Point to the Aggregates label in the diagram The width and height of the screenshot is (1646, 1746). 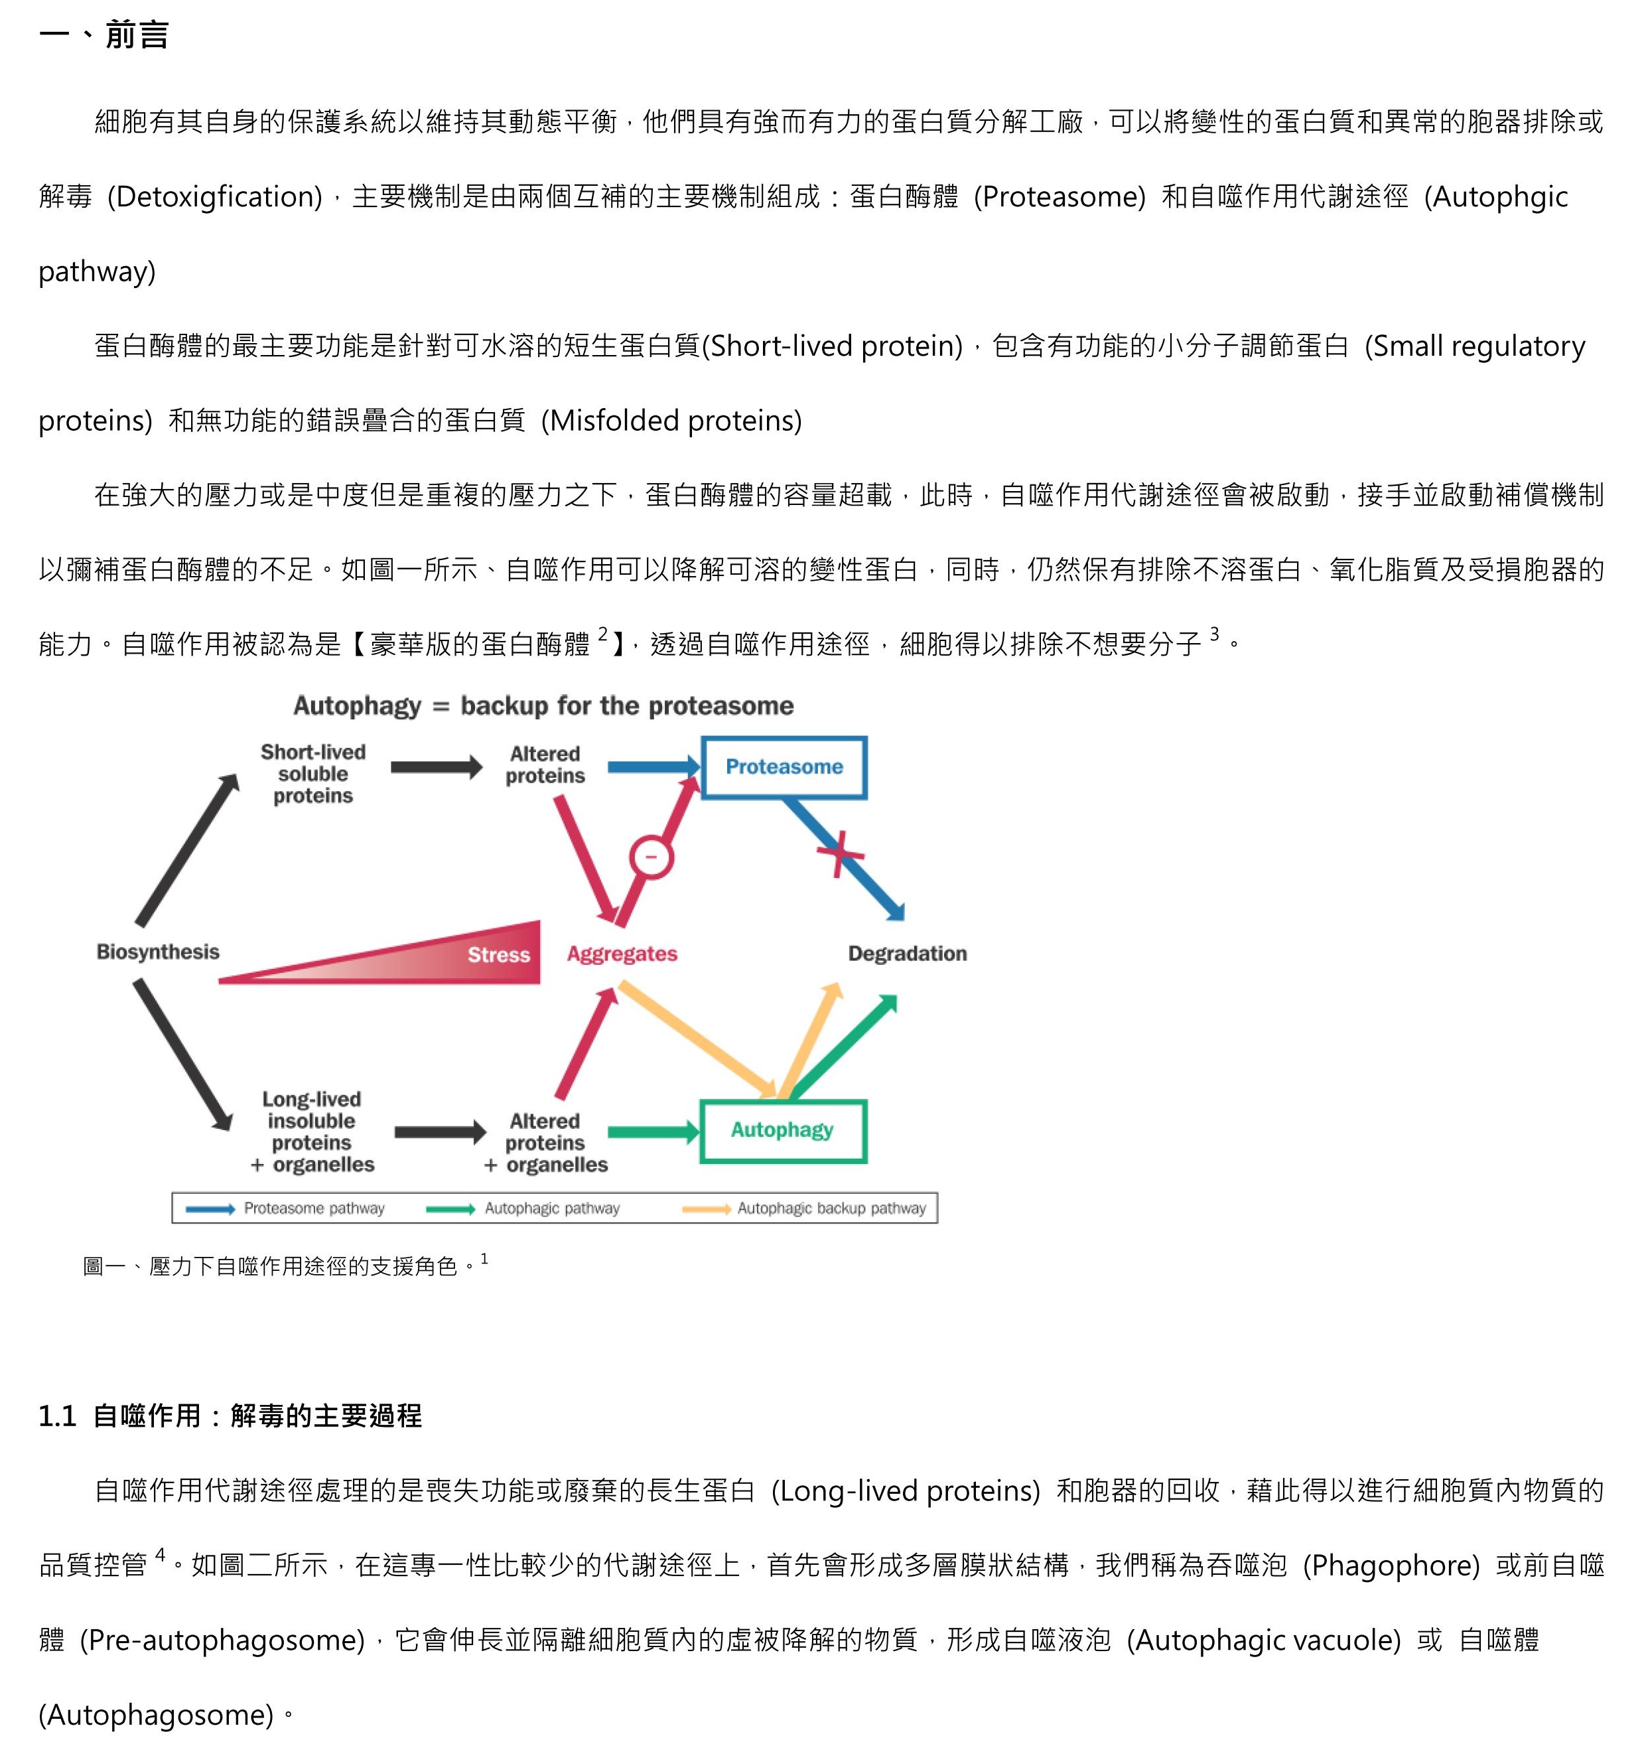point(622,954)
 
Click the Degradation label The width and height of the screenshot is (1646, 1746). point(907,954)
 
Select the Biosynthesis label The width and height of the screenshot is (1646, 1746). point(158,952)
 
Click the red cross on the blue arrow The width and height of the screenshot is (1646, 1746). point(840,853)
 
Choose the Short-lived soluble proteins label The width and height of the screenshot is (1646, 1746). point(313,774)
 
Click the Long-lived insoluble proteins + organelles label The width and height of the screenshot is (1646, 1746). point(312,1132)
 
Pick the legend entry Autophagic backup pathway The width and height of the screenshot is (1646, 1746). point(804,1208)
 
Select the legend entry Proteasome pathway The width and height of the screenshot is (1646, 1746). point(285,1208)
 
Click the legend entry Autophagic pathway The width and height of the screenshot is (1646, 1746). point(523,1208)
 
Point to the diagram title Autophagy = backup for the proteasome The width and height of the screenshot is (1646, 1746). point(543,706)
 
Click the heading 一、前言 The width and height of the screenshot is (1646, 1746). point(103,35)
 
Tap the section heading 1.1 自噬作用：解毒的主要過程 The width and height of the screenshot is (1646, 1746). point(230,1416)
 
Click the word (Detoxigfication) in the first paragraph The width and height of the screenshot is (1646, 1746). point(215,196)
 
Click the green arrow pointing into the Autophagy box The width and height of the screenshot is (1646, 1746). point(653,1132)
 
